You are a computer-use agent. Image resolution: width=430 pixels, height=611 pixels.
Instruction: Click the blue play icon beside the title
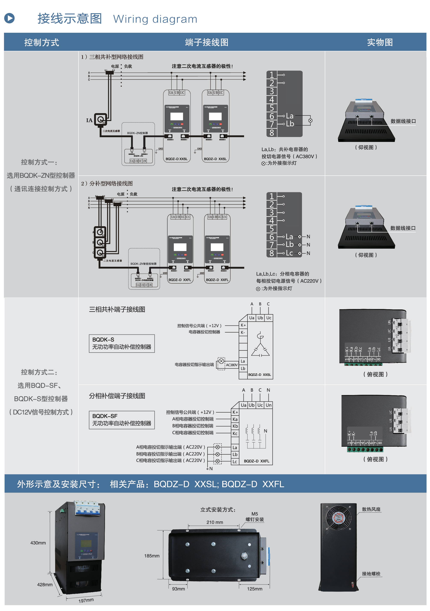pos(9,18)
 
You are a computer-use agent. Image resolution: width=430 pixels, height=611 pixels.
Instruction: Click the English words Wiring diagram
pos(155,19)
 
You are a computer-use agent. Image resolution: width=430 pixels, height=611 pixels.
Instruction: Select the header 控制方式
pos(41,42)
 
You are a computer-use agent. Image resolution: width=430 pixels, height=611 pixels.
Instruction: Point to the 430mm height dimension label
pos(38,543)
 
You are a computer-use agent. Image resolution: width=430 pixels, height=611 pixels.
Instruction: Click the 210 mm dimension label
pos(215,522)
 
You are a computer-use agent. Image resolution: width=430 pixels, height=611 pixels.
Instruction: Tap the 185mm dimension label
pos(152,556)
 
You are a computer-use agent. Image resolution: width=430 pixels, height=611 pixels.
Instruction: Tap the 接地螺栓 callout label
pos(371,574)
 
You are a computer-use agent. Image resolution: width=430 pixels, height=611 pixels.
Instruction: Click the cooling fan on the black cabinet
pos(339,518)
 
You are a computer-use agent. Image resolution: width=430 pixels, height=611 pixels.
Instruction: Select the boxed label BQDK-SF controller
pos(122,420)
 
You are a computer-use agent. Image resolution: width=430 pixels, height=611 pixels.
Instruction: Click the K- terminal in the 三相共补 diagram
pos(243,332)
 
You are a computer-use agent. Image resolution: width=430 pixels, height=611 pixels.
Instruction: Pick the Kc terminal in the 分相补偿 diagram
pos(235,433)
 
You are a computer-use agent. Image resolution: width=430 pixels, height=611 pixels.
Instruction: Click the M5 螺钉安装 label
pos(255,517)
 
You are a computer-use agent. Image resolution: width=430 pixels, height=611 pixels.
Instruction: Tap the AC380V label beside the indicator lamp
pos(231,365)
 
